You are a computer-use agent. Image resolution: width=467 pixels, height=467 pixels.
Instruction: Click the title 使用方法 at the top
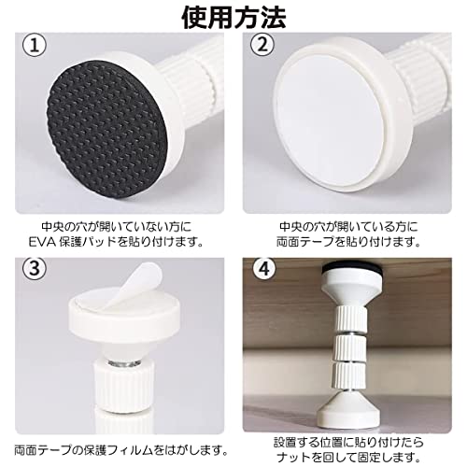pyautogui.click(x=233, y=16)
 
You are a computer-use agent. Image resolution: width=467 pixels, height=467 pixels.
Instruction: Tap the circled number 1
pyautogui.click(x=35, y=46)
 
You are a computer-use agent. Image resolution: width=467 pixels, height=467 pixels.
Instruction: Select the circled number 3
pyautogui.click(x=35, y=270)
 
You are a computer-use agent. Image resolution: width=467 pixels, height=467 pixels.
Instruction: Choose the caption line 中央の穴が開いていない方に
pyautogui.click(x=118, y=227)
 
